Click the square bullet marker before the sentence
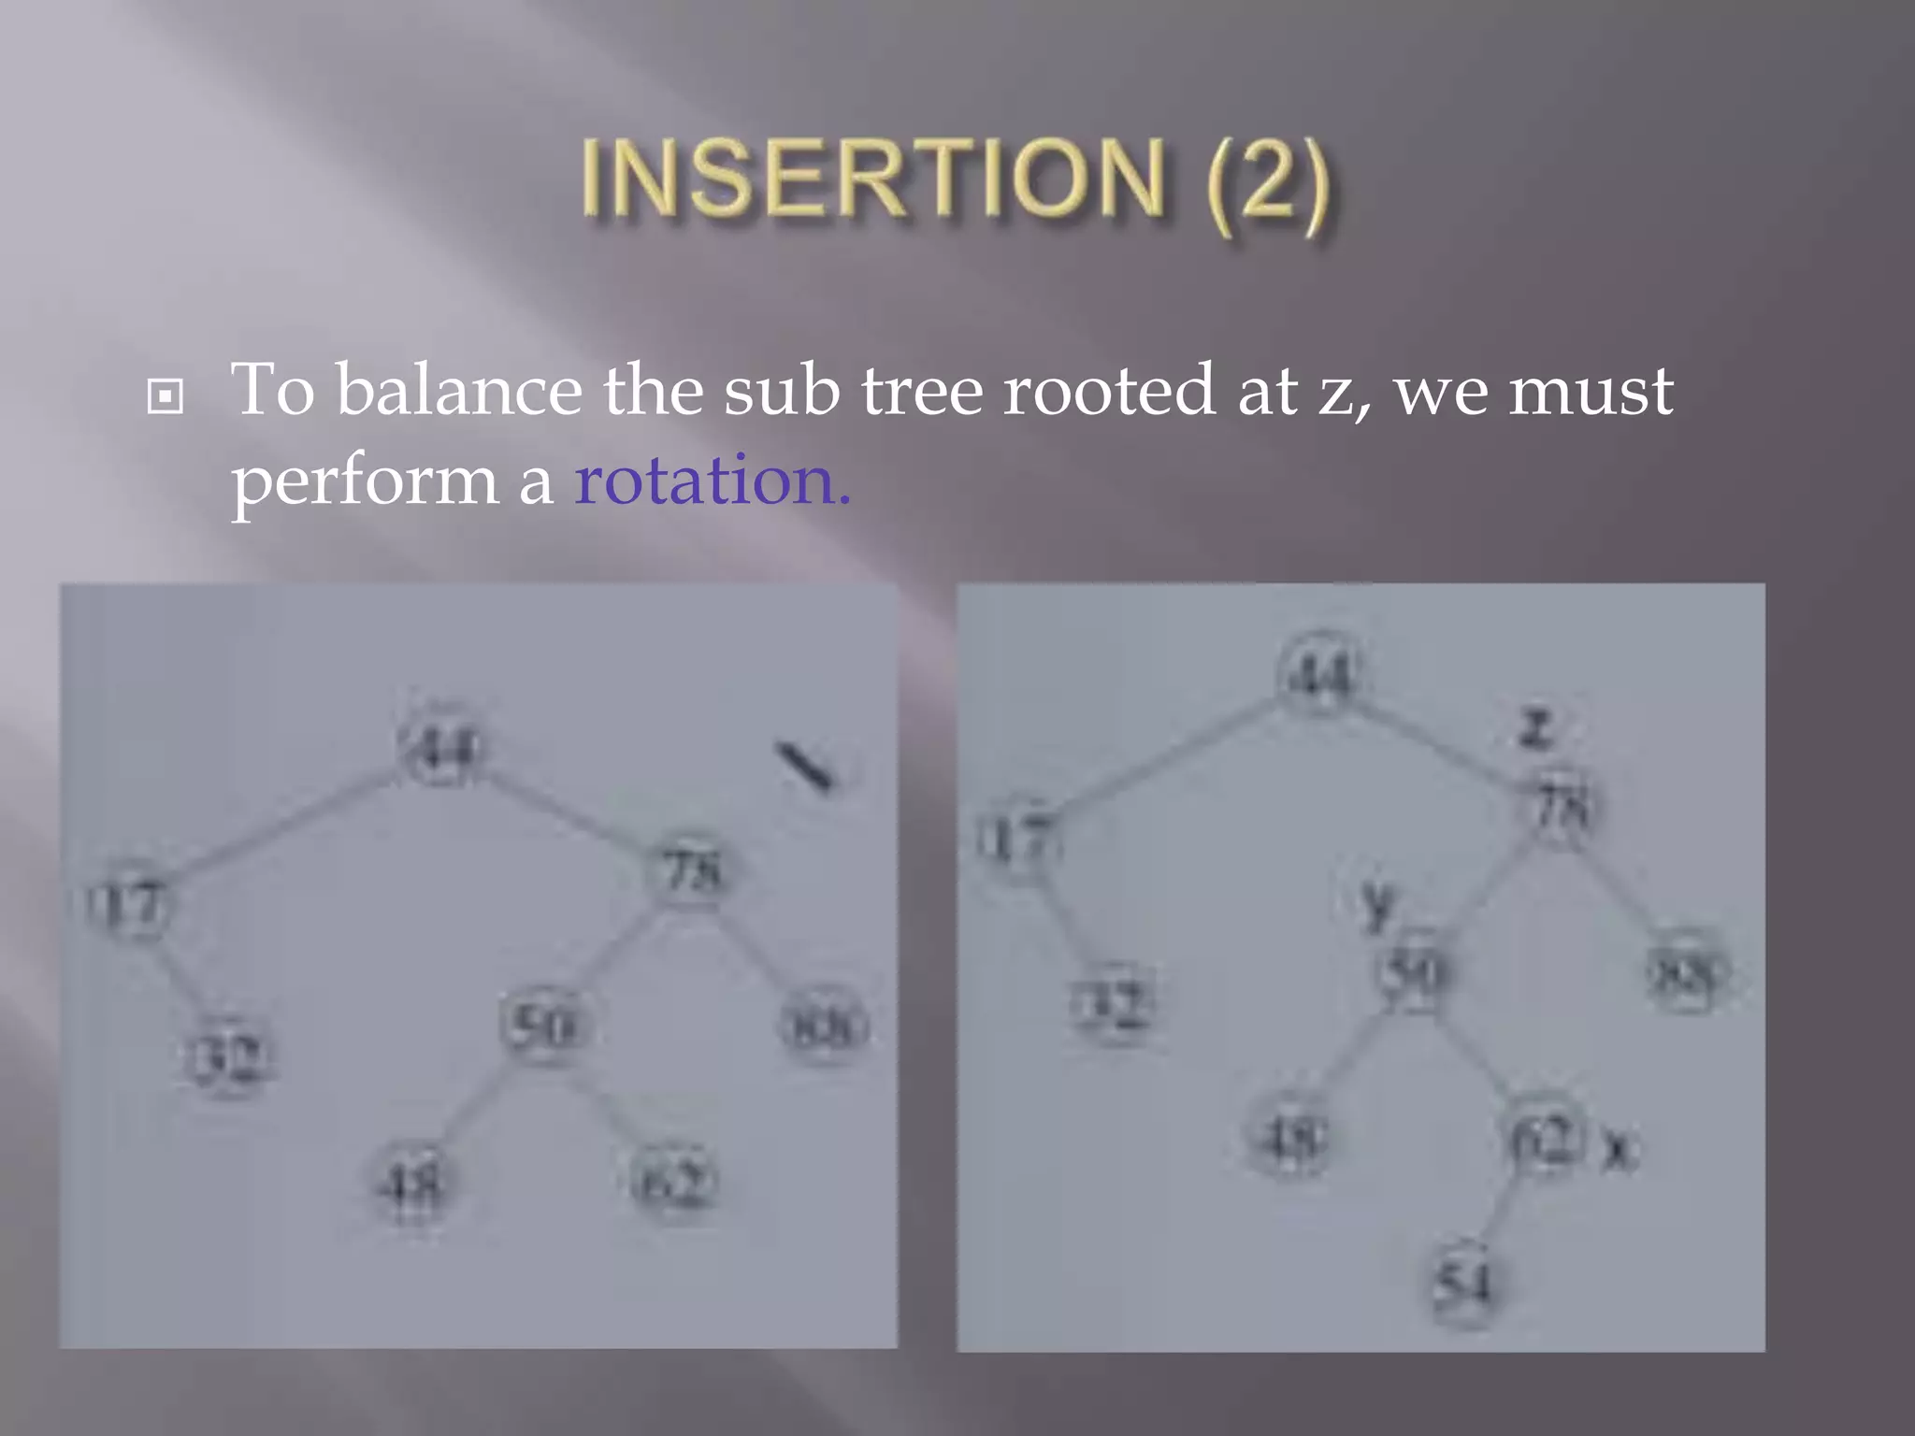pyautogui.click(x=166, y=396)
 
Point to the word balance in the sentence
pyautogui.click(x=459, y=391)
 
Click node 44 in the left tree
pyautogui.click(x=441, y=747)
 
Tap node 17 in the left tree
pyautogui.click(x=128, y=904)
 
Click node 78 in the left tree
pyautogui.click(x=691, y=871)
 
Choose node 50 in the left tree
pyautogui.click(x=546, y=1026)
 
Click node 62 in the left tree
pyautogui.click(x=675, y=1183)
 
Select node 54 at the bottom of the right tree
pyautogui.click(x=1464, y=1283)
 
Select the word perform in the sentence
pyautogui.click(x=365, y=482)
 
